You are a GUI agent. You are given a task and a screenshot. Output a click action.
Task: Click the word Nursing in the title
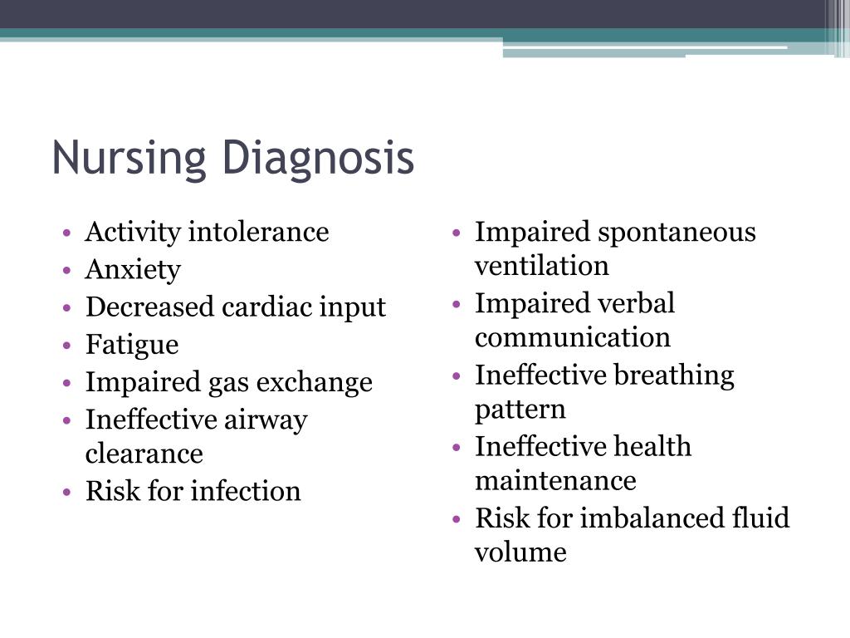[x=129, y=159]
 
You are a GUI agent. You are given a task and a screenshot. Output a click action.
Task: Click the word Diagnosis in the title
[x=318, y=159]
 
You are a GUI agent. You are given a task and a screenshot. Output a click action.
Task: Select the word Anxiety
[x=133, y=270]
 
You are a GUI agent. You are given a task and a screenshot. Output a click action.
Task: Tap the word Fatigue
[x=132, y=345]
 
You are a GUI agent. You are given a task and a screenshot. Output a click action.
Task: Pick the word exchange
[x=315, y=382]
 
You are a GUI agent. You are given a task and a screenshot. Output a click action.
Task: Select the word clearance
[x=144, y=454]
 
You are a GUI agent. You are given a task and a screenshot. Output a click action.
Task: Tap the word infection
[x=246, y=491]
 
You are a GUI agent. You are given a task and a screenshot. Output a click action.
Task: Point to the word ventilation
[x=541, y=266]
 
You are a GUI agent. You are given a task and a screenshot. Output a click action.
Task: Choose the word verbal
[x=636, y=302]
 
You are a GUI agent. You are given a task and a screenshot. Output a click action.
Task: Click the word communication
[x=573, y=337]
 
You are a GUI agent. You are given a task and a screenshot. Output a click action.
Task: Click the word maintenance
[x=555, y=481]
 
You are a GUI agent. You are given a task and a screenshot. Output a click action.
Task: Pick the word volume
[x=520, y=552]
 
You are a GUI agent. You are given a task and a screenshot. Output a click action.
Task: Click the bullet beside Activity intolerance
[x=67, y=233]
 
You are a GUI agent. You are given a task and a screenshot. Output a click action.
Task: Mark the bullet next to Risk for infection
[x=67, y=493]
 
